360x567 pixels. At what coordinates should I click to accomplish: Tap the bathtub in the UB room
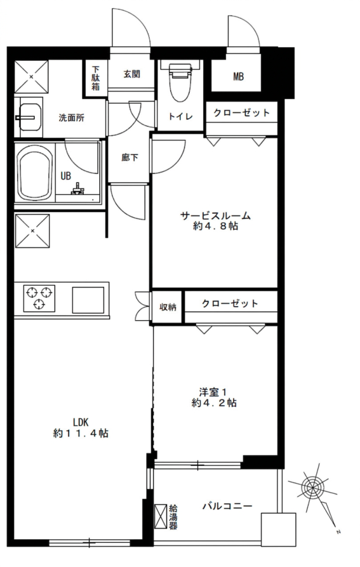click(35, 175)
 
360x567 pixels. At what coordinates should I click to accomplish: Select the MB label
click(238, 77)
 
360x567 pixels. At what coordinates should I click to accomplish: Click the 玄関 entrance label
click(132, 74)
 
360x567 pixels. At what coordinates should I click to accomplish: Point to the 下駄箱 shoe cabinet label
click(96, 78)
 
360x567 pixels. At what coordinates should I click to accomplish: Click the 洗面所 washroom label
click(72, 118)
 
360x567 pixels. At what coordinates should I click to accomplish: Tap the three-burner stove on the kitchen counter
click(39, 298)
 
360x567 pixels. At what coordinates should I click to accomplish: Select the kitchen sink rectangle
click(88, 300)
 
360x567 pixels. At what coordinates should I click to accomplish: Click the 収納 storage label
click(168, 307)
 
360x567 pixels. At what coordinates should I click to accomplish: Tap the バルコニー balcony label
click(227, 506)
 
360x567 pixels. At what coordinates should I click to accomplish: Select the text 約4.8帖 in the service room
click(216, 226)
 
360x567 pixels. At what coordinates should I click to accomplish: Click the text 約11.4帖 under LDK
click(80, 433)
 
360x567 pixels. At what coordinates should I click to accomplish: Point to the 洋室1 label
click(213, 392)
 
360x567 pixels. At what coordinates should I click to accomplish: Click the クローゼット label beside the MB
click(242, 113)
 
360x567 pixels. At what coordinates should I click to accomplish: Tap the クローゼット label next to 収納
click(230, 304)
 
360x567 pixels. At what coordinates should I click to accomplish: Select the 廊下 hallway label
click(129, 158)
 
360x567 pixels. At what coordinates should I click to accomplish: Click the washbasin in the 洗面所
click(30, 117)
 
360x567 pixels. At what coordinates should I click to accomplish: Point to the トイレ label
click(180, 116)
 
